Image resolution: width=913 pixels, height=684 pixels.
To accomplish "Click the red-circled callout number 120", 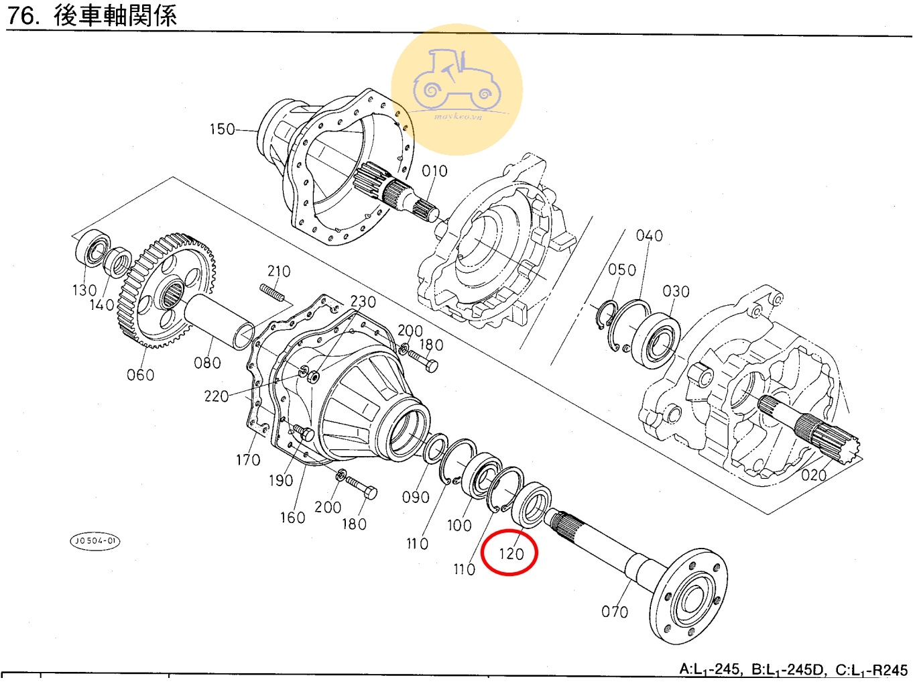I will pyautogui.click(x=511, y=553).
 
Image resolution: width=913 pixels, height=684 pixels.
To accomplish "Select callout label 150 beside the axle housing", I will pyautogui.click(x=222, y=129).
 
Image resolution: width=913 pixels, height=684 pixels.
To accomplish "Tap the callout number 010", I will pyautogui.click(x=434, y=171).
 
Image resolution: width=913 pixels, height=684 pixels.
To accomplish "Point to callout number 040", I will pyautogui.click(x=649, y=235).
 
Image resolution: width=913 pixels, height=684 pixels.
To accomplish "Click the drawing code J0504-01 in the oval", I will pyautogui.click(x=95, y=540).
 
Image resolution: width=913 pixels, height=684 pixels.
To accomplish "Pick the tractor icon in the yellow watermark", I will pyautogui.click(x=456, y=80).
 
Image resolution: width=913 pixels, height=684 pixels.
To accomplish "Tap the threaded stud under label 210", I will pyautogui.click(x=272, y=293).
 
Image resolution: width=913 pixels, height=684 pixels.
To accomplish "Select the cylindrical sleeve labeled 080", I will pyautogui.click(x=219, y=322).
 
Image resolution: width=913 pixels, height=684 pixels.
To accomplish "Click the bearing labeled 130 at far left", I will pyautogui.click(x=92, y=248).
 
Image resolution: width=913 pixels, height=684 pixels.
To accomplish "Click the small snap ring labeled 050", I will pyautogui.click(x=606, y=315).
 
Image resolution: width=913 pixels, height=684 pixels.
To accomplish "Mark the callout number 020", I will pyautogui.click(x=814, y=475).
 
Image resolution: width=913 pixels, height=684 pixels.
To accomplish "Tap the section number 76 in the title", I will pyautogui.click(x=21, y=15).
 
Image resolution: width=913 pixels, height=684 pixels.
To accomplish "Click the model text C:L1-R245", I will pyautogui.click(x=871, y=669).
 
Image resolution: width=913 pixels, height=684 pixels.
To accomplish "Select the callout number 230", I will pyautogui.click(x=363, y=302).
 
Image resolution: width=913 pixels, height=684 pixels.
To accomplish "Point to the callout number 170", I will pyautogui.click(x=248, y=460).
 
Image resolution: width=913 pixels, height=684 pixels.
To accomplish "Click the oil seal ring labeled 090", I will pyautogui.click(x=436, y=449).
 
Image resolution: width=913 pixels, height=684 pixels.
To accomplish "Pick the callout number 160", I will pyautogui.click(x=292, y=518).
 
